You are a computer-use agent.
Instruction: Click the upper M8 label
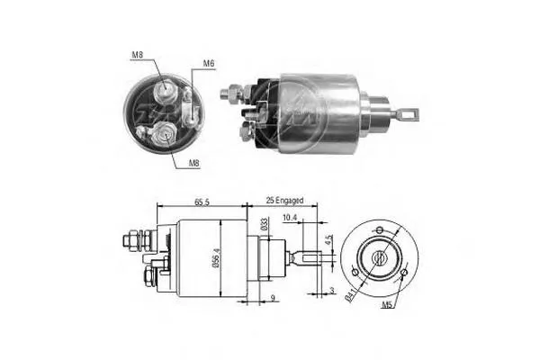[138, 56]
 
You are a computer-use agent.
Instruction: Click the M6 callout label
[208, 63]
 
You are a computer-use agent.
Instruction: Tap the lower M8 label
[195, 163]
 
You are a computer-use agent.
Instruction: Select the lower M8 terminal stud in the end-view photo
[165, 134]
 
